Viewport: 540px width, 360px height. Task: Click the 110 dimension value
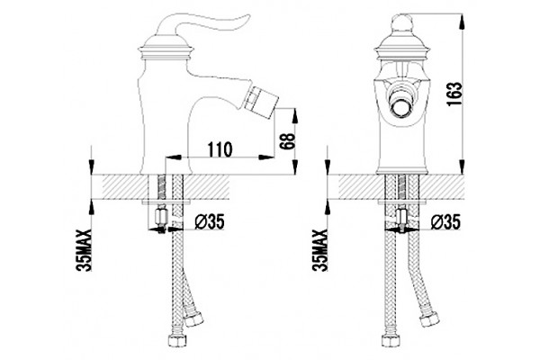pyautogui.click(x=220, y=148)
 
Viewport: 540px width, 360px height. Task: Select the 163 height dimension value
pyautogui.click(x=454, y=94)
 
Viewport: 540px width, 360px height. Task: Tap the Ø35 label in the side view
pyautogui.click(x=210, y=221)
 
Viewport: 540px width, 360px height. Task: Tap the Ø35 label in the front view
pyautogui.click(x=445, y=221)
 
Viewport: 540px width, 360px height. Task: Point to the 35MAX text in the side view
pyautogui.click(x=85, y=250)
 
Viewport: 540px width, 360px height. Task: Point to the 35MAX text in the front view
pyautogui.click(x=320, y=250)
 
